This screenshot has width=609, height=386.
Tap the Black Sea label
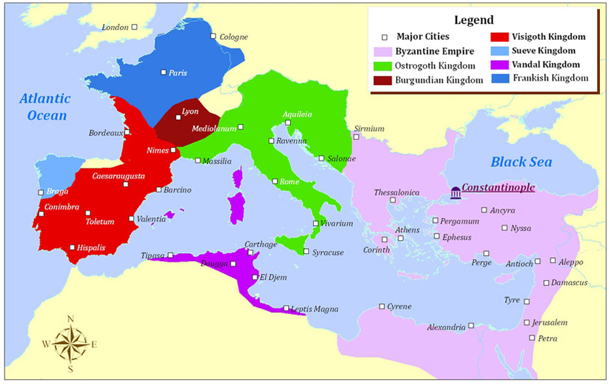(521, 162)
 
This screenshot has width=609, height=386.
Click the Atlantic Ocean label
(44, 107)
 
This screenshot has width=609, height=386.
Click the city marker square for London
(134, 27)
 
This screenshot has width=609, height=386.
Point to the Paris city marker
(164, 72)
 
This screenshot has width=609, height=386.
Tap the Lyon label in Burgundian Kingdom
(190, 112)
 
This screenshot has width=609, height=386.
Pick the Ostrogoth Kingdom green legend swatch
(383, 65)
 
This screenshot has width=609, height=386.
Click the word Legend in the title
(473, 20)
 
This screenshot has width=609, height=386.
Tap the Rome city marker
(275, 181)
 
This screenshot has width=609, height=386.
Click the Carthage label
(261, 244)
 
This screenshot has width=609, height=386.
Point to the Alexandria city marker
(471, 326)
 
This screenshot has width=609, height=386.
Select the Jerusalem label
(550, 323)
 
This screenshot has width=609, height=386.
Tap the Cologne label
(234, 37)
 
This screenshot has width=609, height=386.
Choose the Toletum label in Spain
(100, 222)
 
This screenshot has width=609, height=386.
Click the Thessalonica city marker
(393, 200)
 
